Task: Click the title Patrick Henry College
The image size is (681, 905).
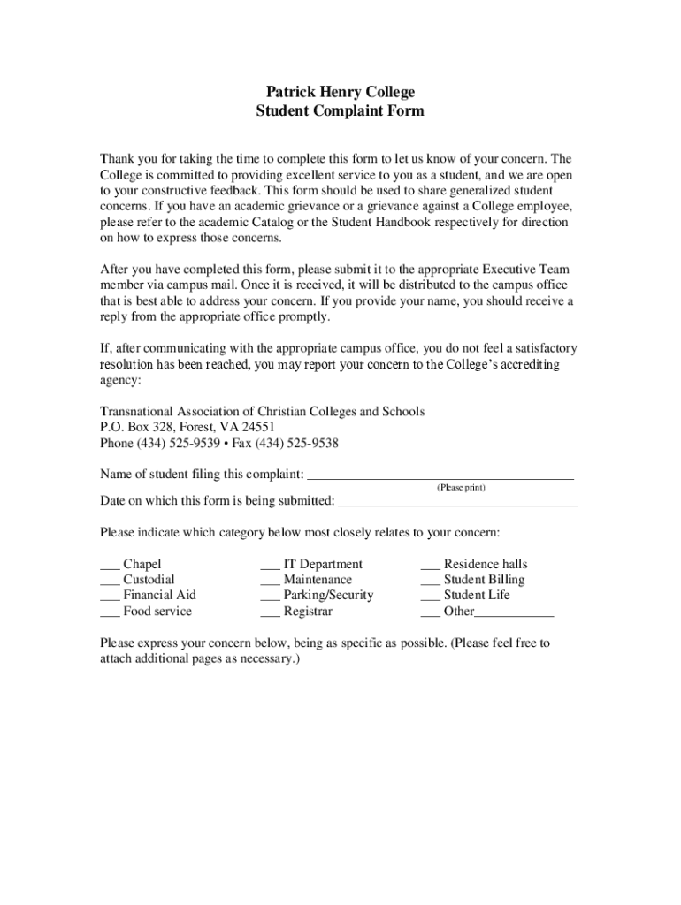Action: coord(340,92)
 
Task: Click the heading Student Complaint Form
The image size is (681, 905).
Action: coord(340,111)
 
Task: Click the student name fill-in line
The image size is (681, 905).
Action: coord(440,476)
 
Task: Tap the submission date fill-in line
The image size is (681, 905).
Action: coord(458,504)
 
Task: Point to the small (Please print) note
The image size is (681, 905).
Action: coord(461,488)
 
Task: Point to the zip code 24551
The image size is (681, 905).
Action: coord(269,427)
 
